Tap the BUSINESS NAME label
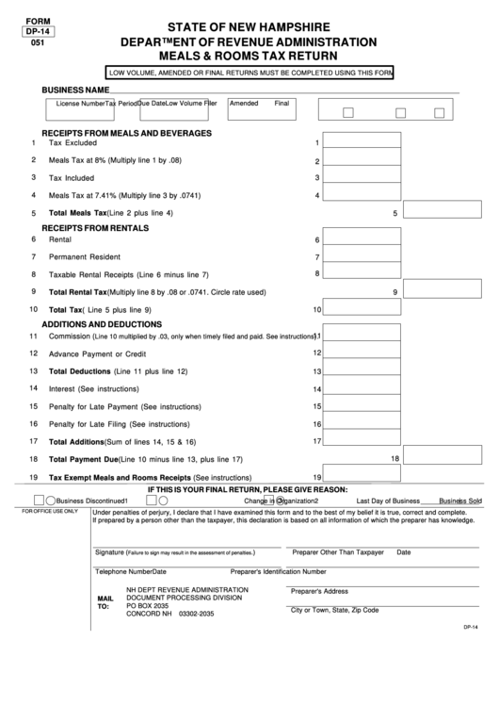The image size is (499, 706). (76, 90)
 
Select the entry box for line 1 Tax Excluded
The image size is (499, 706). (362, 143)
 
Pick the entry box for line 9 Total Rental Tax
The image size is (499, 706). (443, 292)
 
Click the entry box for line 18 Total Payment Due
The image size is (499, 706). (443, 459)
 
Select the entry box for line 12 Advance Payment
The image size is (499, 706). (362, 353)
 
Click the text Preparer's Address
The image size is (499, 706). (320, 591)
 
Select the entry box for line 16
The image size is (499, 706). (362, 424)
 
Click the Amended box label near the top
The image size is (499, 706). (244, 103)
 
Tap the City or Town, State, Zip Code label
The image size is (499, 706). (334, 610)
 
